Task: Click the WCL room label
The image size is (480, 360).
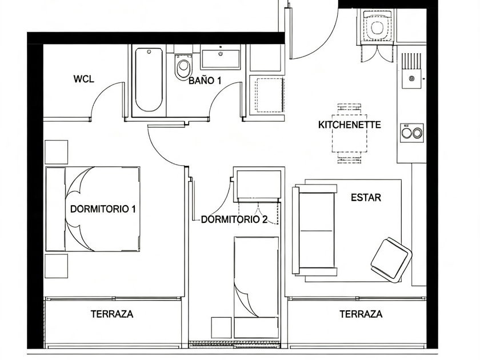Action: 83,79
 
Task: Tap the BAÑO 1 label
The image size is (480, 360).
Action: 205,81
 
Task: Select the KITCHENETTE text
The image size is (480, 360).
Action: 350,125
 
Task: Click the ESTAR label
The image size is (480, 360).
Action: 366,198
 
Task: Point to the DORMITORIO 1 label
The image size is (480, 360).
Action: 103,209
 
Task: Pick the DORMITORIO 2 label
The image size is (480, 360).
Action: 234,219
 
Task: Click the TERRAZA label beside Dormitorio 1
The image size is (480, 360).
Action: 112,314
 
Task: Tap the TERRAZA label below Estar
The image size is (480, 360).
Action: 361,314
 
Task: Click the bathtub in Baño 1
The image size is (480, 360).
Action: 149,79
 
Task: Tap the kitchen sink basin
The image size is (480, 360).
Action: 412,78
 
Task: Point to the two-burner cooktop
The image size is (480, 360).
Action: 412,133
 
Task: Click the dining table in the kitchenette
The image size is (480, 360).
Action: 349,133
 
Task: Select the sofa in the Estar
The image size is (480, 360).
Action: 314,229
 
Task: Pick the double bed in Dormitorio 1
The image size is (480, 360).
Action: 93,209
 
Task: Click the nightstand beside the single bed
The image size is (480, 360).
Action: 221,327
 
